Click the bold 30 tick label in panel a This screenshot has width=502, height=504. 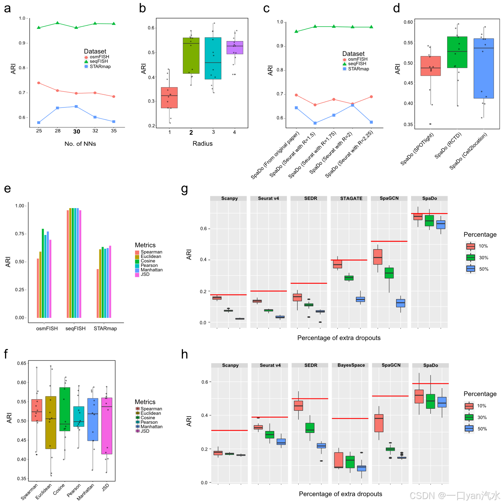(x=77, y=131)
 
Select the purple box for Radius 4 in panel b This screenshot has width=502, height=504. (x=235, y=48)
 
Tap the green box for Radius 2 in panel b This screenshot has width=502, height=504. (x=191, y=56)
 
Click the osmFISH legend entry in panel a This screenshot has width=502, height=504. (x=99, y=57)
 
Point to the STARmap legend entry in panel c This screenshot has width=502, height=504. (x=358, y=69)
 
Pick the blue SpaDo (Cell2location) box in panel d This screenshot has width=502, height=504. (x=484, y=68)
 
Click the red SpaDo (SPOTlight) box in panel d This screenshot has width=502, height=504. (x=431, y=66)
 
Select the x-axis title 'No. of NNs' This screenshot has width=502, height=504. (x=80, y=144)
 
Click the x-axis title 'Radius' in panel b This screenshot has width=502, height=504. (x=202, y=144)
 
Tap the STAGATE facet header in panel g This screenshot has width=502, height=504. (x=351, y=198)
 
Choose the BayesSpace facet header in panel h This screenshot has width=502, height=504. (x=351, y=365)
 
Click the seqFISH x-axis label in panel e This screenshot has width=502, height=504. (x=76, y=329)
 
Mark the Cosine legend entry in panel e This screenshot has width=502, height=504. (x=148, y=261)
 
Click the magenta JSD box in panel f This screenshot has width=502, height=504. (x=107, y=426)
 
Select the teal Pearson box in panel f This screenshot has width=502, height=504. (x=79, y=416)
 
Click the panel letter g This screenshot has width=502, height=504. (x=184, y=189)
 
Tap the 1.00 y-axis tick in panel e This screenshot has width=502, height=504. (x=20, y=206)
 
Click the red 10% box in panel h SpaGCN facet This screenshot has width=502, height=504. (x=379, y=423)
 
